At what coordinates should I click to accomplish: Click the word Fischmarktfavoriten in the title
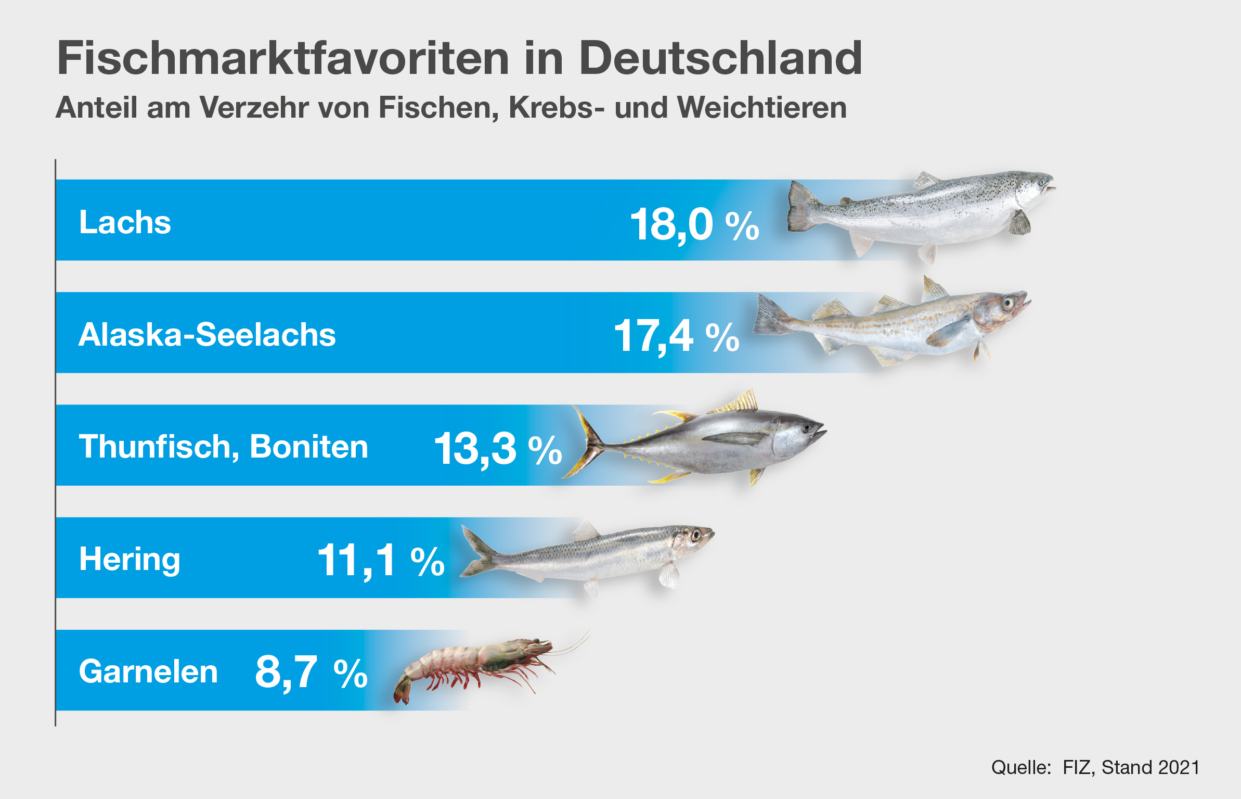point(283,58)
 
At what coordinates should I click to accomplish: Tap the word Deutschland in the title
point(720,58)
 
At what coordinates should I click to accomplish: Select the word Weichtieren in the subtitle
point(762,108)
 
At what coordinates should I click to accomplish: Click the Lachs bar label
point(125,223)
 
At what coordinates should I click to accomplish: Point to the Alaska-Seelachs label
point(207,335)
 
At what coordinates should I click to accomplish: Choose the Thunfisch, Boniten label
point(224,447)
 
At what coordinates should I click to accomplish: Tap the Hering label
point(130,560)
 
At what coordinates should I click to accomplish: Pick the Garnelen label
point(148,671)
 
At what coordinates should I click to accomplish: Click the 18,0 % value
point(694,225)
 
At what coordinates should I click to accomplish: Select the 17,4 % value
point(676,336)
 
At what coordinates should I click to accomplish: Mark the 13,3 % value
point(498,449)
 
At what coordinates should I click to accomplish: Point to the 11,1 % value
point(381,561)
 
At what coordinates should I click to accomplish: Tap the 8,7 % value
point(311,673)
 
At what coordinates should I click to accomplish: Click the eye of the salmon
point(1042,182)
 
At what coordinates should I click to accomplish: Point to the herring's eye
point(695,535)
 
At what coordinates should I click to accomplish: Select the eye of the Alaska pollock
point(1007,302)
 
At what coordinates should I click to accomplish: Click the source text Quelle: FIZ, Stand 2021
point(1095,768)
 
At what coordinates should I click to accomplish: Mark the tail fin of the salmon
point(801,207)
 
